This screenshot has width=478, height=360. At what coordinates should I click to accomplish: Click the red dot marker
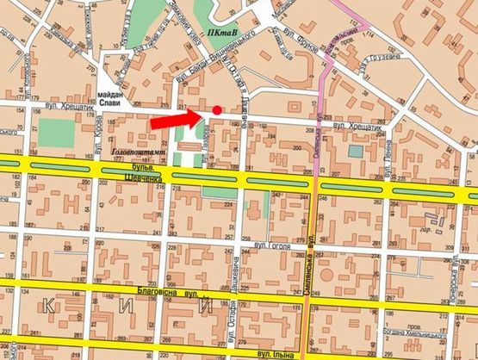(x=216, y=109)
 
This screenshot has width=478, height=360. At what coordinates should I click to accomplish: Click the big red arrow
(x=177, y=120)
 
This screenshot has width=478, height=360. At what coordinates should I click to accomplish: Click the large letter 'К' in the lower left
(x=49, y=303)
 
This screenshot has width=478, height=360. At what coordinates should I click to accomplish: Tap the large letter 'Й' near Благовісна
(x=205, y=304)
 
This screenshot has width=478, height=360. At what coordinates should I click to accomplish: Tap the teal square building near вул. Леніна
(x=356, y=152)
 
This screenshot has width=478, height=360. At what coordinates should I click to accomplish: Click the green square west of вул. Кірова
(x=57, y=132)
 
